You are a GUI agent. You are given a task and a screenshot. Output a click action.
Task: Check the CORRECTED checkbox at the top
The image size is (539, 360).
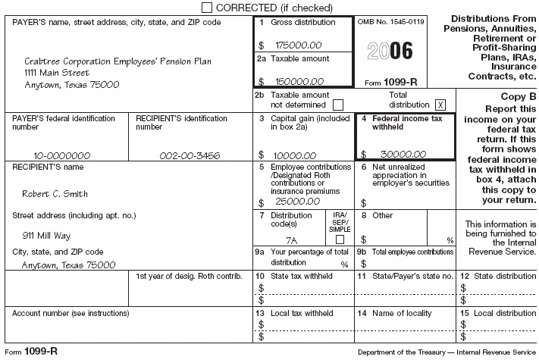tap(208, 8)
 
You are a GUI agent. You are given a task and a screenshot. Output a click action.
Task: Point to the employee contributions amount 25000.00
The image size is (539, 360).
tap(287, 202)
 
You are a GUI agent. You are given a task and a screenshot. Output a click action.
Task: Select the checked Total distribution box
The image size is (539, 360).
tap(440, 105)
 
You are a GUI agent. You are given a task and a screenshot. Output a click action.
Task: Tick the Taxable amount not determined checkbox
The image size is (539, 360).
tap(338, 105)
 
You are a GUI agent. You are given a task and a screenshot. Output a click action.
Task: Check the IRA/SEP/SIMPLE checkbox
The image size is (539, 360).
tap(340, 239)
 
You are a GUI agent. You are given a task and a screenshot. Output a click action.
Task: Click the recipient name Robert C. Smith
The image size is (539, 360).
tap(55, 194)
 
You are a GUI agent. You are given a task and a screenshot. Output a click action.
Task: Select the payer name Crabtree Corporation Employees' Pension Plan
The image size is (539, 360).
tap(117, 61)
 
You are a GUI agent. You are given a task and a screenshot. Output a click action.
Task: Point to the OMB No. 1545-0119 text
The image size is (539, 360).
tap(390, 23)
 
